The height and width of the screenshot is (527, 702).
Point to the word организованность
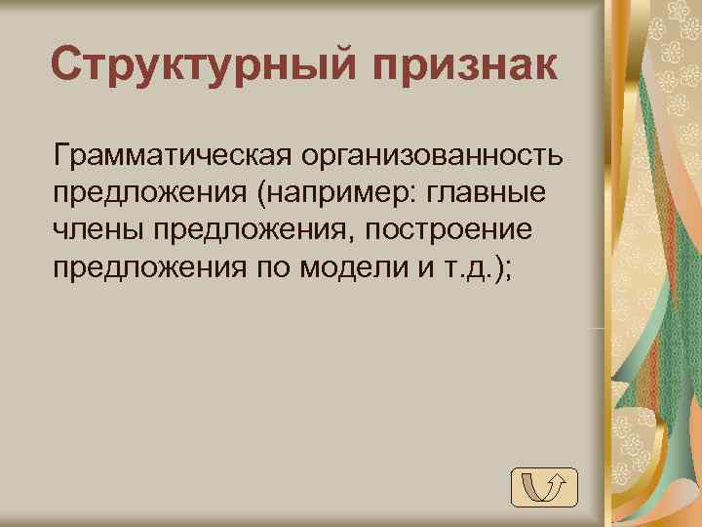tap(434, 155)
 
